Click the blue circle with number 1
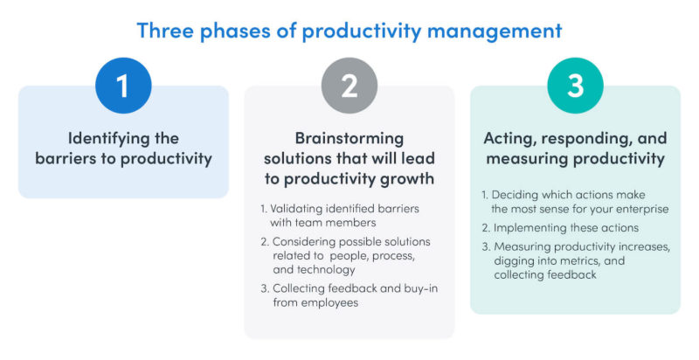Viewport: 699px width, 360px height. coord(123,86)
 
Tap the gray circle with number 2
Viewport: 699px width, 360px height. coord(349,86)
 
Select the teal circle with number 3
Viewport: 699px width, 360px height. coord(575,86)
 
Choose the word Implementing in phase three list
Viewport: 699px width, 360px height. coord(529,227)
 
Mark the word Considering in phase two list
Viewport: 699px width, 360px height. coord(297,240)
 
